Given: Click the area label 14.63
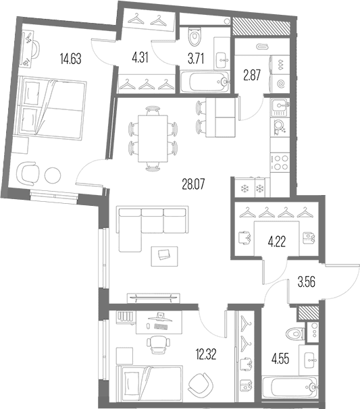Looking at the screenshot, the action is click(x=70, y=59).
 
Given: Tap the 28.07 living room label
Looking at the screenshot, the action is click(x=193, y=184).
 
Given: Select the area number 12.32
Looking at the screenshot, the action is click(x=206, y=354).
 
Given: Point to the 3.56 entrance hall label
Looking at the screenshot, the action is click(x=307, y=281).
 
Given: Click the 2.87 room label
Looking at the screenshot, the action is click(x=252, y=75).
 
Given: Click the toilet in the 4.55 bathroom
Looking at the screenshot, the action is click(x=295, y=333).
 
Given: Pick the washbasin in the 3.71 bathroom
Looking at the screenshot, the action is click(x=222, y=61).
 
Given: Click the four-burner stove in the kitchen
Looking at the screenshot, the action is click(x=280, y=162).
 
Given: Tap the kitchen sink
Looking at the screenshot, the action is click(x=280, y=107).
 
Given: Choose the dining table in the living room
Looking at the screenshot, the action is click(x=153, y=138).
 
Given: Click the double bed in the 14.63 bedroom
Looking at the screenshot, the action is click(x=53, y=108).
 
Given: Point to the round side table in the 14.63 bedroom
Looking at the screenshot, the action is click(x=53, y=175).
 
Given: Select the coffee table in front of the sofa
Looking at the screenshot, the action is click(x=165, y=256).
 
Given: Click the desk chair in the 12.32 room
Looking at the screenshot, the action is click(x=158, y=344).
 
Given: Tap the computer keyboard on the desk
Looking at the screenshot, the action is click(x=161, y=327).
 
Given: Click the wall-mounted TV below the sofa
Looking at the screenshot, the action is click(x=153, y=298).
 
